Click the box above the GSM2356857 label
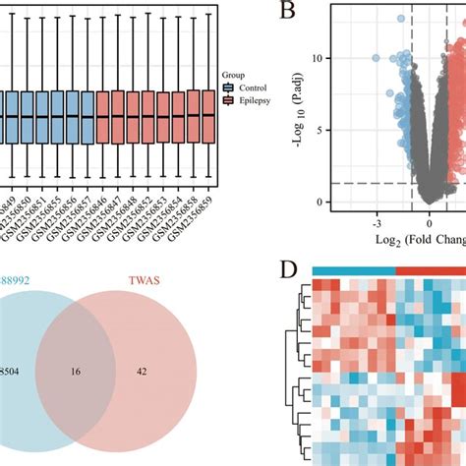[x=87, y=116]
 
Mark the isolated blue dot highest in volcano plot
[x=401, y=18]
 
